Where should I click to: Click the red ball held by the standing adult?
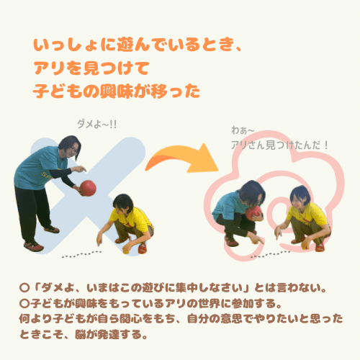click(x=88, y=188)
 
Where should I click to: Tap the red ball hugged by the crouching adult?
click(x=253, y=213)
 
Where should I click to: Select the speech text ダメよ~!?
click(x=97, y=125)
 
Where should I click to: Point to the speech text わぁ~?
click(x=243, y=130)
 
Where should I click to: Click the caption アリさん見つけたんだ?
click(x=279, y=145)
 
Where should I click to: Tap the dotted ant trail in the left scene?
click(x=81, y=254)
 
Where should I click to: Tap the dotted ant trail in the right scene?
click(x=270, y=254)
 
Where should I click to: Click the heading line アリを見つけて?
click(x=91, y=68)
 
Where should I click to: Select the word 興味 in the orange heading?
click(x=117, y=91)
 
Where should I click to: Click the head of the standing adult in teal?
click(x=70, y=147)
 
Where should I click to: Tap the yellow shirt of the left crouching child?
click(x=132, y=218)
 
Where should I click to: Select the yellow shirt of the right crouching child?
click(x=308, y=215)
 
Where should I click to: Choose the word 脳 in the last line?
click(x=81, y=335)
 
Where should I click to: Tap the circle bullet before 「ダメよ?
click(x=24, y=288)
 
